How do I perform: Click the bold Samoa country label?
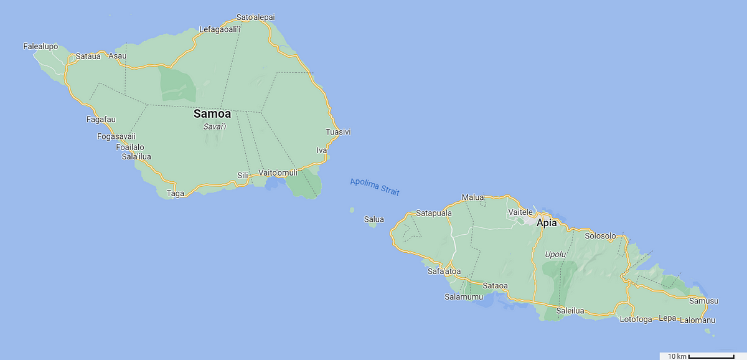212,114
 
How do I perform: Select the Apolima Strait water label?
374,186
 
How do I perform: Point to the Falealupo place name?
40,46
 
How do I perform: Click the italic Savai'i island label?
215,126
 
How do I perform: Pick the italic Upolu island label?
555,254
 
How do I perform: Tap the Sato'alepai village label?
256,17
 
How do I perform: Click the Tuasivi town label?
339,132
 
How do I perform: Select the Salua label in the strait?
374,219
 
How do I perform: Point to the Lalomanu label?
697,320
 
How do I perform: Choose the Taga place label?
176,194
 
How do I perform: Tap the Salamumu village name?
463,297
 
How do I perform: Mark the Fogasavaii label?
116,137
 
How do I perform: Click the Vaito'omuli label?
278,173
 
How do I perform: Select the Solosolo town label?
601,236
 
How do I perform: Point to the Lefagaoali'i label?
220,29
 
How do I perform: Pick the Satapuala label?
434,213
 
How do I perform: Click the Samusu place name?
704,301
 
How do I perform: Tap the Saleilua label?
570,311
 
